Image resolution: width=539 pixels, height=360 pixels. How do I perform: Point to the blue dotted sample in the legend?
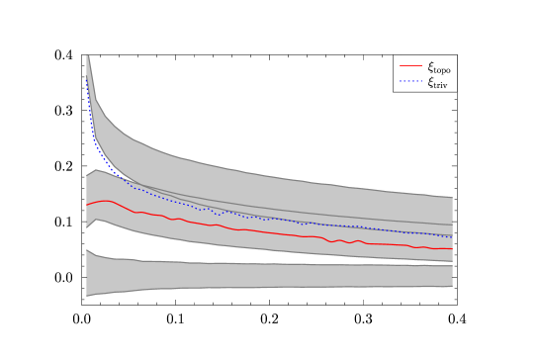410,81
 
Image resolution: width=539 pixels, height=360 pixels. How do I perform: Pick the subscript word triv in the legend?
441,85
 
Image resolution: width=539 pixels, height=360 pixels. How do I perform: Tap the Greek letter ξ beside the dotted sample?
430,82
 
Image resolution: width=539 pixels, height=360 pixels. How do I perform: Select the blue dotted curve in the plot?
297,221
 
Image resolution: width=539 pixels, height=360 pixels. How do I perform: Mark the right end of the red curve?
452,248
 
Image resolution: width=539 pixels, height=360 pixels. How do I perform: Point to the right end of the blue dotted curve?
452,237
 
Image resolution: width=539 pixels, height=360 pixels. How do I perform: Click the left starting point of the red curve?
87,205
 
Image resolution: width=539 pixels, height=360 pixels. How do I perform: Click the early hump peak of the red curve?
105,201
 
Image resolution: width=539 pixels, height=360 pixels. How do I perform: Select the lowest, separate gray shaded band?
297,275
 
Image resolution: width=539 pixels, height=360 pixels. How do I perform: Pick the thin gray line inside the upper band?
297,210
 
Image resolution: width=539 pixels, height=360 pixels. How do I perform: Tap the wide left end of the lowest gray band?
89,273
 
